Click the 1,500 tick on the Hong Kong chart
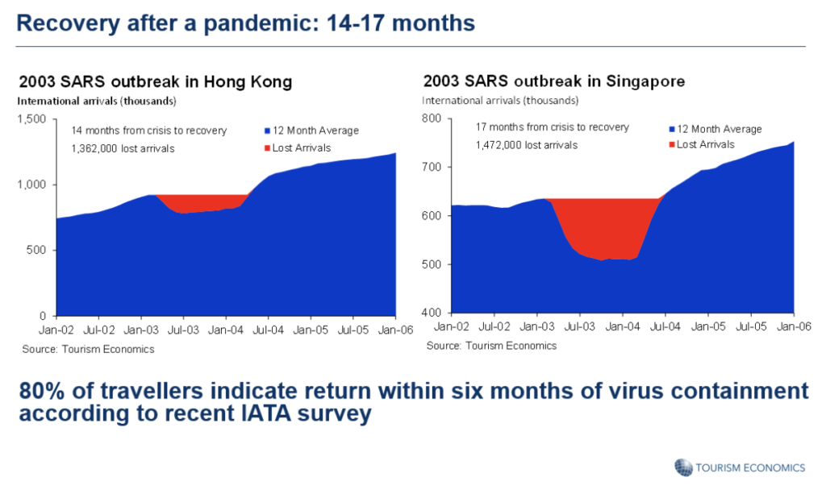click(31, 119)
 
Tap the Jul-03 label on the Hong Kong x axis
click(183, 330)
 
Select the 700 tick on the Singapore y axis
click(432, 168)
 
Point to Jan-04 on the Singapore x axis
click(623, 326)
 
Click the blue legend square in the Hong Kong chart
click(268, 131)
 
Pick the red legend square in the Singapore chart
click(672, 145)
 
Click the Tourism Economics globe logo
click(683, 467)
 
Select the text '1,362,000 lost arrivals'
click(123, 149)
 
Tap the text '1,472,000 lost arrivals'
click(526, 145)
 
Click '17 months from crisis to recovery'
click(552, 127)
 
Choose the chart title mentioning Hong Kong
click(156, 81)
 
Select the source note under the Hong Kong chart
click(88, 349)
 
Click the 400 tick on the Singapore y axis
click(432, 313)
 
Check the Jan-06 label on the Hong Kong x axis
click(395, 330)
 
